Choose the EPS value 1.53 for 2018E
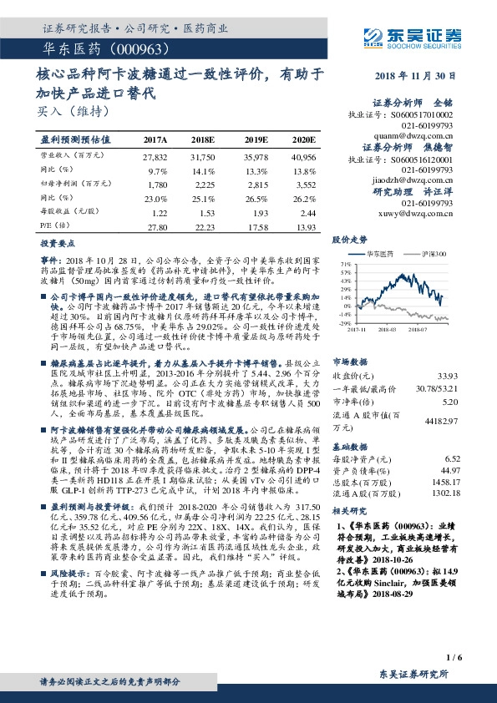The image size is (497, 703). point(205,213)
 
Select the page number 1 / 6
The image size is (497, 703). point(454,659)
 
